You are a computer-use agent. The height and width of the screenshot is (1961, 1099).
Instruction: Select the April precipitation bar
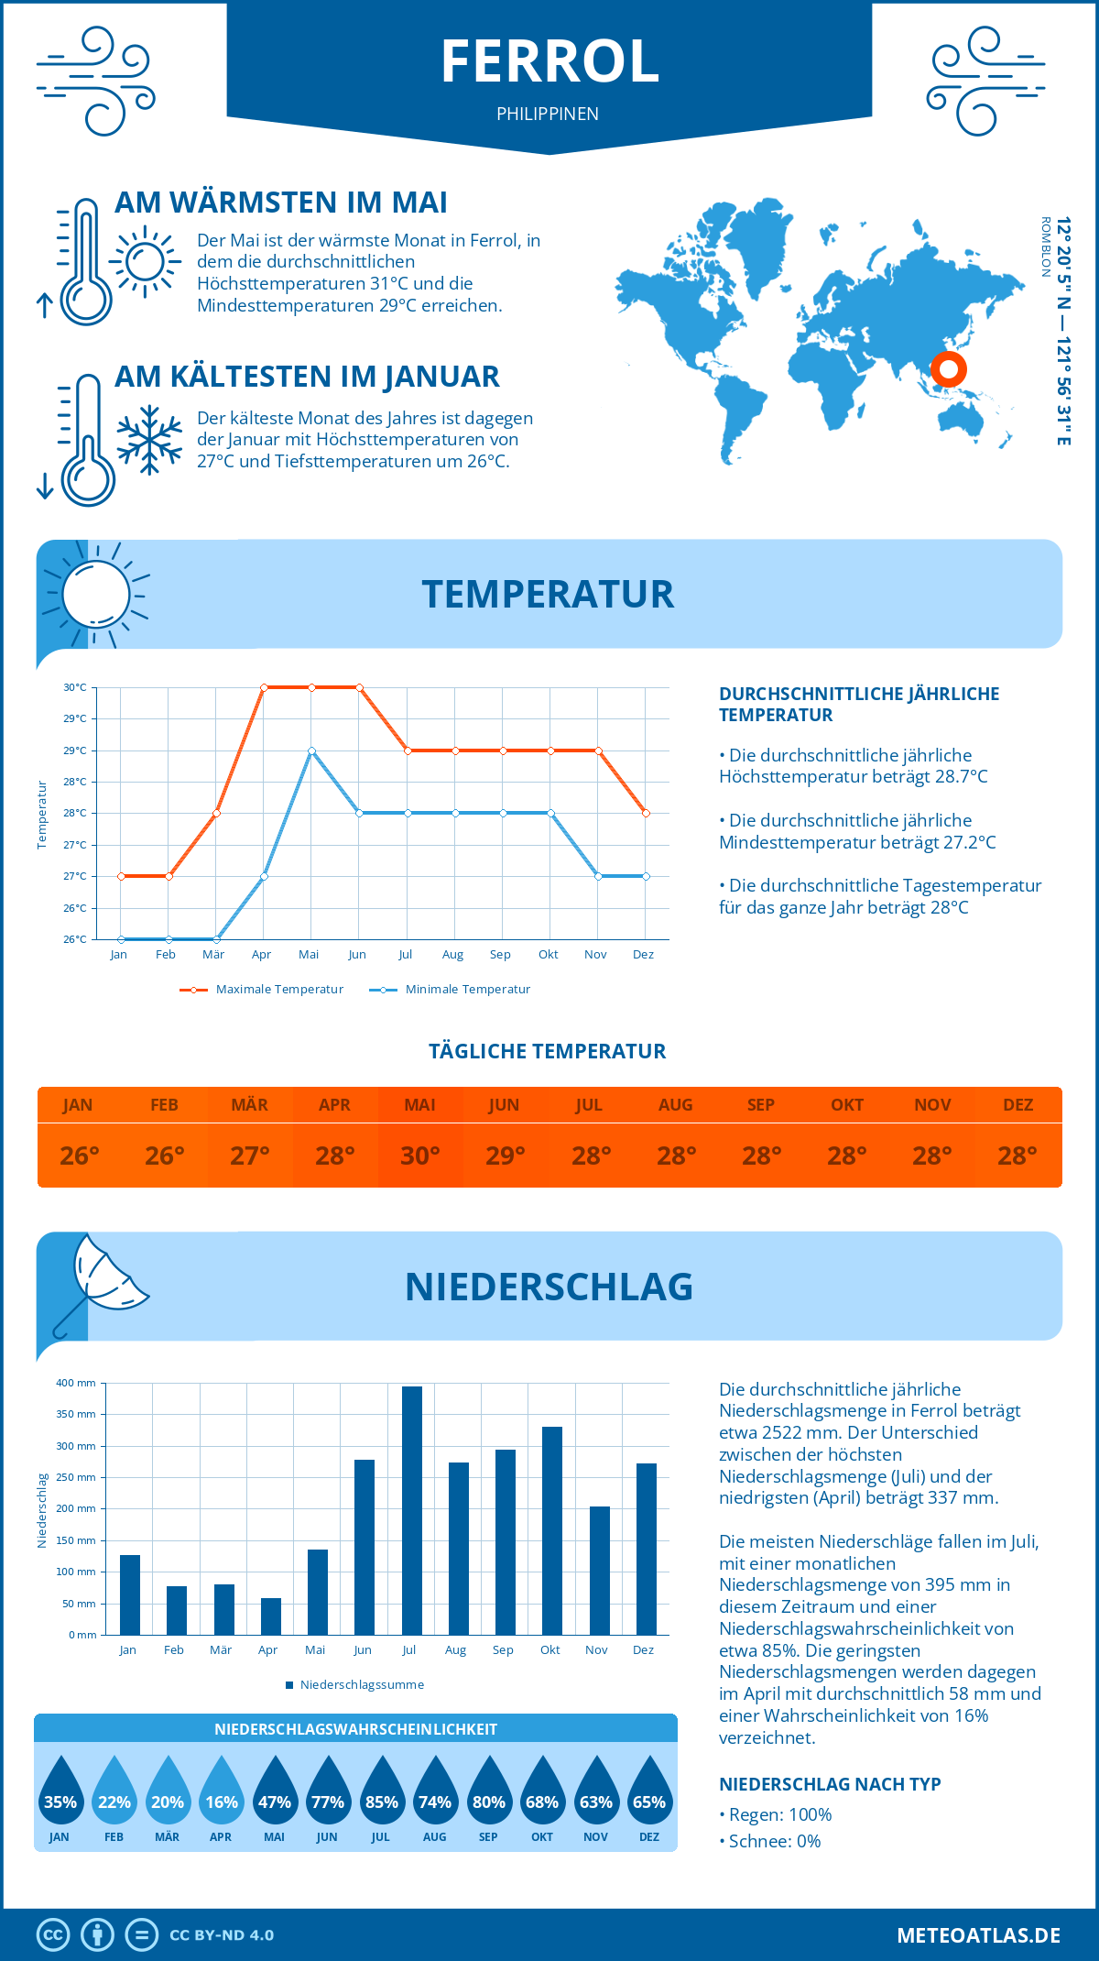[271, 1616]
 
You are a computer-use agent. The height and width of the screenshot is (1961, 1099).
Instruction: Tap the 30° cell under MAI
[420, 1156]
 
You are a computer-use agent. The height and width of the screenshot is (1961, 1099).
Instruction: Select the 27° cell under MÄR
[250, 1156]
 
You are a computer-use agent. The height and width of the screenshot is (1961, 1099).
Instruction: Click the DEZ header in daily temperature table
[1017, 1104]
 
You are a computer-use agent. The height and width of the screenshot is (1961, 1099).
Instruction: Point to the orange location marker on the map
[948, 369]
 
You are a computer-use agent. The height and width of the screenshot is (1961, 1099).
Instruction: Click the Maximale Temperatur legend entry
[263, 990]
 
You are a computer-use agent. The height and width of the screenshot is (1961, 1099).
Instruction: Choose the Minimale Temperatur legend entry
[451, 990]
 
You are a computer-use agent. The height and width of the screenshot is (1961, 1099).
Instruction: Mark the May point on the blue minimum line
[311, 750]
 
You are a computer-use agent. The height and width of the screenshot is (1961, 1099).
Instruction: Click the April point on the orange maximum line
[264, 687]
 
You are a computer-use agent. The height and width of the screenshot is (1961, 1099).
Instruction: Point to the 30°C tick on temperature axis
[75, 687]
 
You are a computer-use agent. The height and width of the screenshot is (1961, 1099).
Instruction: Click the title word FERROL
[549, 62]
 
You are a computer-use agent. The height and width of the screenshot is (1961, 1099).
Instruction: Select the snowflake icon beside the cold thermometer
[149, 440]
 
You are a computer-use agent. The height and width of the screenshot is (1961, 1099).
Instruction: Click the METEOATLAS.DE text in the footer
[978, 1935]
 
